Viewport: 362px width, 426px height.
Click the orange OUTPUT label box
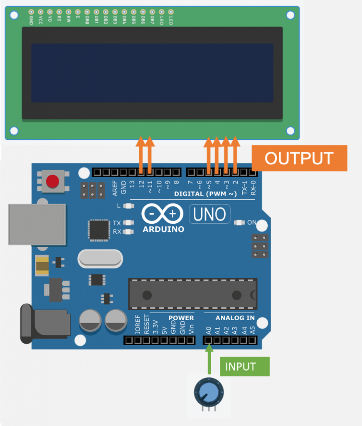299,158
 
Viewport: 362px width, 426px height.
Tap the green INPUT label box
244,367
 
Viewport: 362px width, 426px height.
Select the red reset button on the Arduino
52,181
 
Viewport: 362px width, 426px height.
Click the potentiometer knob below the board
209,392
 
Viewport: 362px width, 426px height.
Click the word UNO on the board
209,214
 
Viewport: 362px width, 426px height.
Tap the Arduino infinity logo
162,214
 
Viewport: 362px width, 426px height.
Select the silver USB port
37,224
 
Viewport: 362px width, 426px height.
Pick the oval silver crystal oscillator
100,259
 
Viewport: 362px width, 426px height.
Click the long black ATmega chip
192,294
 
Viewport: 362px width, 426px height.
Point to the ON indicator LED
239,223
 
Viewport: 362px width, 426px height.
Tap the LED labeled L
129,206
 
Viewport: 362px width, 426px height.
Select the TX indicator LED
129,223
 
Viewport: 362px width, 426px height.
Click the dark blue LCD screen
152,73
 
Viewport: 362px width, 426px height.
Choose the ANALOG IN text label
235,318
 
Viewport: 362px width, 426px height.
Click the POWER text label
181,318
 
